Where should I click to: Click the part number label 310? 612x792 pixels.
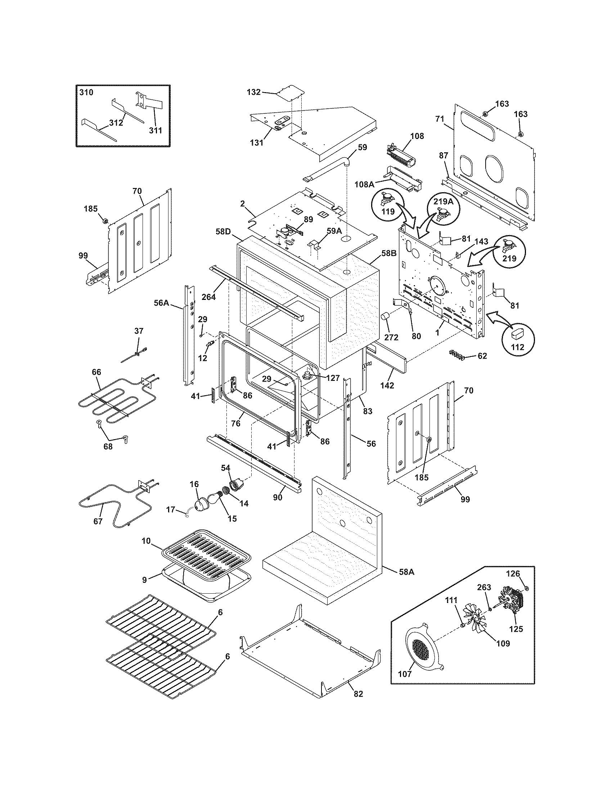(x=86, y=93)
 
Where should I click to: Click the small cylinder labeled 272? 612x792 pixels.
(x=386, y=317)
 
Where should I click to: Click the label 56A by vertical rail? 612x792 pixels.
(x=162, y=302)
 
